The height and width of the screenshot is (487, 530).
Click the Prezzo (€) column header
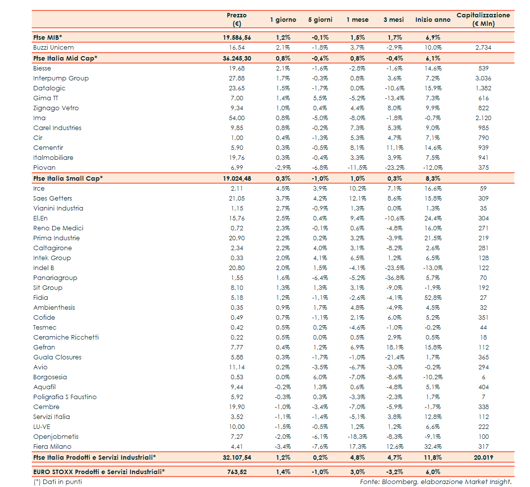pos(236,19)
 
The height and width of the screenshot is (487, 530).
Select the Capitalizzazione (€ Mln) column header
pos(483,19)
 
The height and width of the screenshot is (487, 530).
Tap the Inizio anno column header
pos(433,20)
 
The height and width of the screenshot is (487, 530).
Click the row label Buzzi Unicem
pos(54,48)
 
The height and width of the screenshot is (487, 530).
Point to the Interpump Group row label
pos(61,78)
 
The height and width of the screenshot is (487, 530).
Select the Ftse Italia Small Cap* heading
pos(68,178)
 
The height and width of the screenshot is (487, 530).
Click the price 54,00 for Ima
pos(236,118)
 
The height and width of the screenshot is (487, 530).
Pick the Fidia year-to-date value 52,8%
pos(433,298)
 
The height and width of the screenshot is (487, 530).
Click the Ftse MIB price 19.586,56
pos(237,37)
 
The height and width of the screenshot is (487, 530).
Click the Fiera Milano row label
pos(52,447)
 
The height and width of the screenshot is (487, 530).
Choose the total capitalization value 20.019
pos(483,457)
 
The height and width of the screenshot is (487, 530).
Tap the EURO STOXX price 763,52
pos(237,472)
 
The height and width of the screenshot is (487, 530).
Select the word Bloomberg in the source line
pos(397,482)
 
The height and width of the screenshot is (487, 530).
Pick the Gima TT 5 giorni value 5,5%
pos(320,98)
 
